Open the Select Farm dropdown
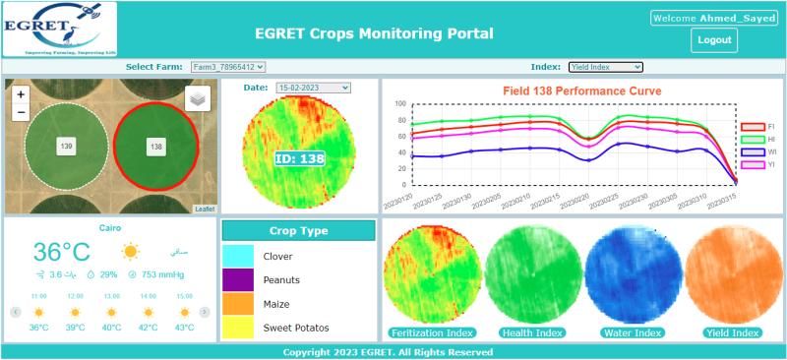click(228, 67)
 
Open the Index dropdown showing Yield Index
click(605, 67)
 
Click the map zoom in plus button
click(21, 95)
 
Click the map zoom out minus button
click(21, 112)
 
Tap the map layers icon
click(197, 98)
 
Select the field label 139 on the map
click(67, 146)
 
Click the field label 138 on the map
click(155, 147)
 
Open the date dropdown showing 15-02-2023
click(313, 88)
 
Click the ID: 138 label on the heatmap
click(299, 158)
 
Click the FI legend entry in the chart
click(758, 127)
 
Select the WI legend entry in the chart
click(758, 152)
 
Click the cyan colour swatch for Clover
click(239, 256)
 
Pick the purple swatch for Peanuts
click(239, 279)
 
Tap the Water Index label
click(634, 332)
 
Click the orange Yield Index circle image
click(732, 274)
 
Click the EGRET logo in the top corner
click(59, 30)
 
